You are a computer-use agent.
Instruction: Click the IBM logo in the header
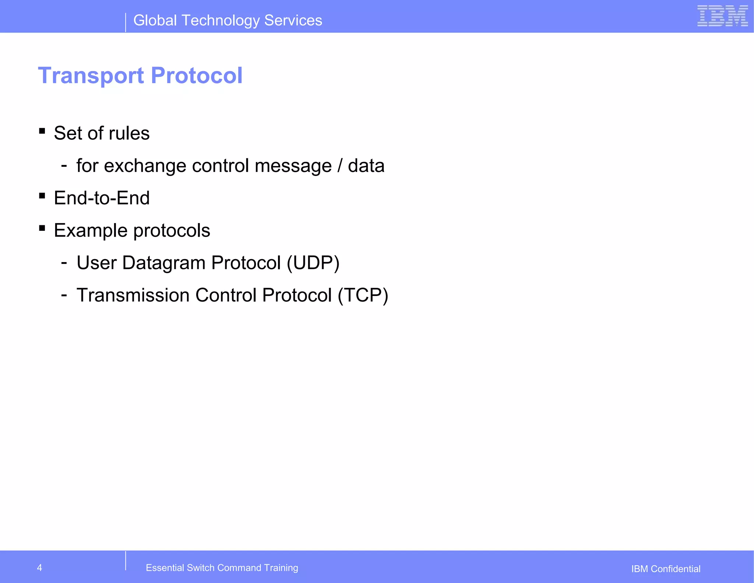[x=722, y=16]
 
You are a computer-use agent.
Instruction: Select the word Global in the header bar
[x=155, y=20]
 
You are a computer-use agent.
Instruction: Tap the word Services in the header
[x=293, y=20]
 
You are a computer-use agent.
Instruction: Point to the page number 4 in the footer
[x=39, y=568]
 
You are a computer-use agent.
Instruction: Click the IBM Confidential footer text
[x=666, y=569]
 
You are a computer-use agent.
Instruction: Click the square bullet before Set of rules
[x=42, y=131]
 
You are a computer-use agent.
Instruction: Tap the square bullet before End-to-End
[x=42, y=196]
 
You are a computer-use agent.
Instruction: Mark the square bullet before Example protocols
[x=42, y=228]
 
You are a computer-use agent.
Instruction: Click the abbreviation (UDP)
[x=313, y=263]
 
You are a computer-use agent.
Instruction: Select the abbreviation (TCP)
[x=363, y=295]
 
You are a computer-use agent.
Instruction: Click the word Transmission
[x=133, y=295]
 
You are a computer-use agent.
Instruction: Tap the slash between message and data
[x=339, y=166]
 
